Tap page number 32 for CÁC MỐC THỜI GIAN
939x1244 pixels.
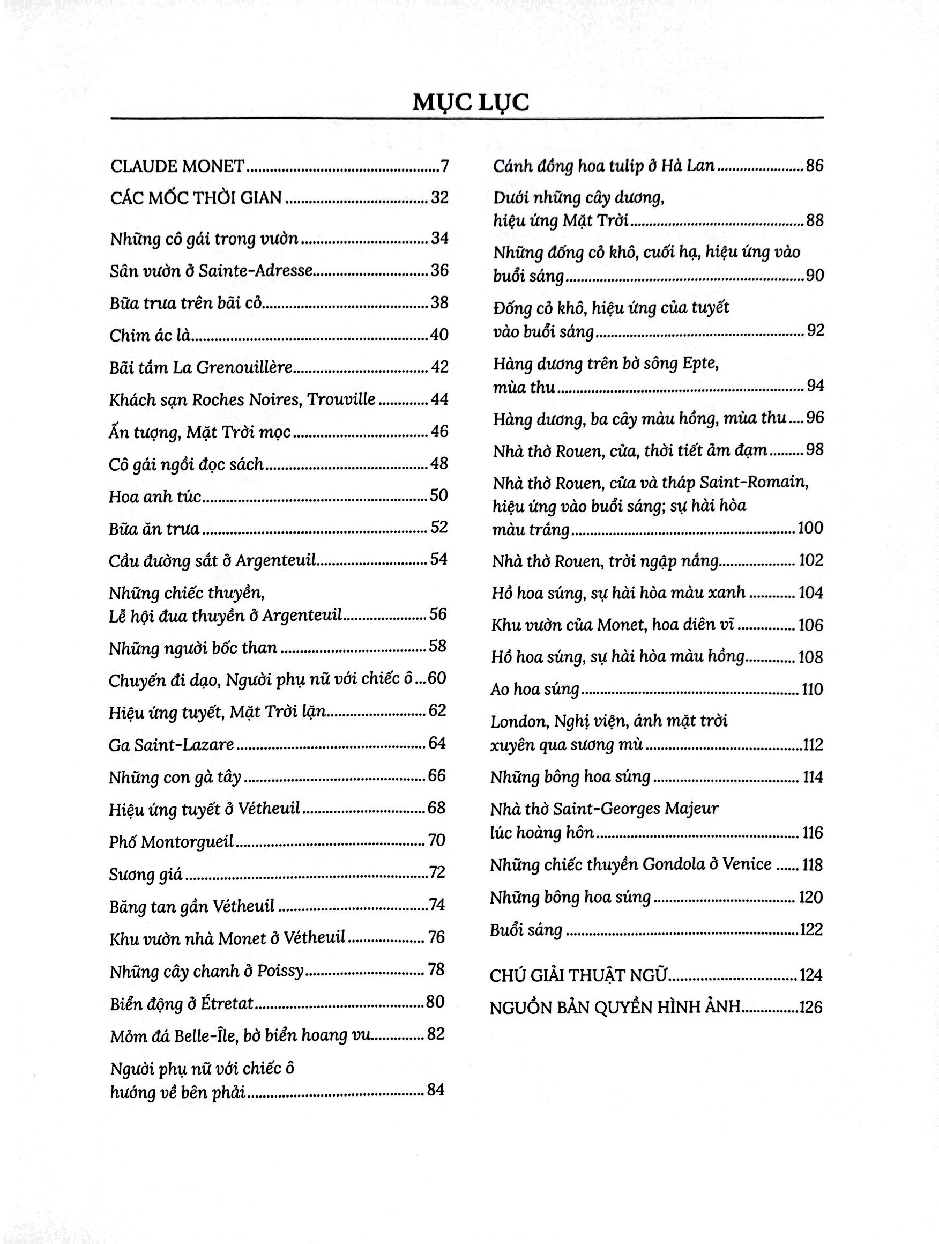coord(439,198)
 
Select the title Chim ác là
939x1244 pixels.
coord(150,335)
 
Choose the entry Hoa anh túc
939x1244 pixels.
coord(155,496)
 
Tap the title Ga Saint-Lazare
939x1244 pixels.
coord(172,744)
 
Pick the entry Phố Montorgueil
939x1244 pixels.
coord(172,841)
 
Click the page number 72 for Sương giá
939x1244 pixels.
coord(437,872)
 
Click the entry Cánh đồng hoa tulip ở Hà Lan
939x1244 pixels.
coord(604,166)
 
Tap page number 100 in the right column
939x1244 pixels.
coord(810,528)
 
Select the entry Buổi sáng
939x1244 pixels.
coord(526,930)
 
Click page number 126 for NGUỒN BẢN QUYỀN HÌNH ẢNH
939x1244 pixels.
coord(810,1007)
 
